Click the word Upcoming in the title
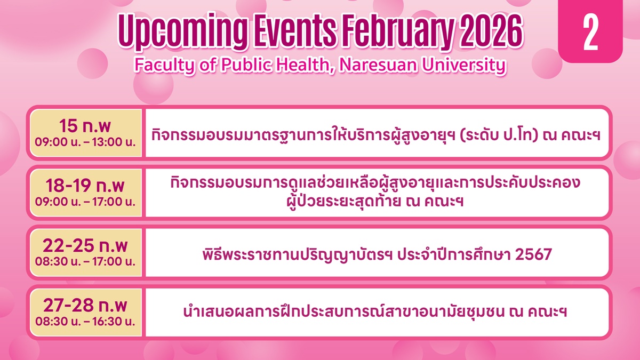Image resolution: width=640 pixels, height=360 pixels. click(x=182, y=31)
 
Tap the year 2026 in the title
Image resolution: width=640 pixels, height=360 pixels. click(x=491, y=31)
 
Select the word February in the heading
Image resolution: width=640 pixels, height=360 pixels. click(x=398, y=31)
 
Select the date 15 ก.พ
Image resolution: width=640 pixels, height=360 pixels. click(x=85, y=126)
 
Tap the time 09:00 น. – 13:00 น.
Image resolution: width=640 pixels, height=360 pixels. click(x=85, y=142)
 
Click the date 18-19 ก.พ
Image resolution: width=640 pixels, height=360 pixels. click(x=85, y=186)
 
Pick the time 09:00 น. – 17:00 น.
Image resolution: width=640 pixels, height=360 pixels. click(x=85, y=202)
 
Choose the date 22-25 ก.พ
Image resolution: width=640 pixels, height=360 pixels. click(x=85, y=245)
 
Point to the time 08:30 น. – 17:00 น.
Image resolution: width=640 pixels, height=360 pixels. click(x=85, y=261)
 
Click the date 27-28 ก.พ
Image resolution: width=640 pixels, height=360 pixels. click(x=85, y=305)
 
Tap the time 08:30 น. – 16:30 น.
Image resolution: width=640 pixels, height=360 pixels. click(x=85, y=322)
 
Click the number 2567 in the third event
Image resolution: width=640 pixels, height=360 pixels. click(x=533, y=254)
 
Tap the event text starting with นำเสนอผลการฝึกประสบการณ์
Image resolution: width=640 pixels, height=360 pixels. click(x=375, y=311)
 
